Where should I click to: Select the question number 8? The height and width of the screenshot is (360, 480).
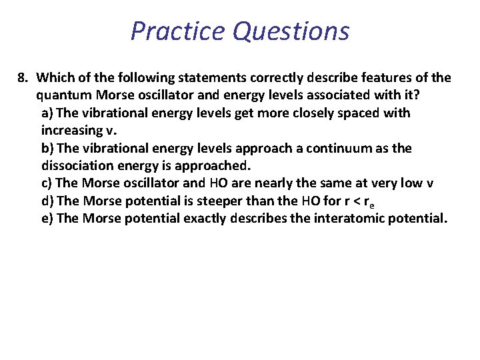[22, 78]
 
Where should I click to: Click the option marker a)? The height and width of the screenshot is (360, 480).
[48, 113]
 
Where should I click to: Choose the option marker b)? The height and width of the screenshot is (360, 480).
[48, 147]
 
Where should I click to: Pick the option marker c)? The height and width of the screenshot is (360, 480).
[47, 183]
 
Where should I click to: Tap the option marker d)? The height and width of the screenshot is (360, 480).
[48, 200]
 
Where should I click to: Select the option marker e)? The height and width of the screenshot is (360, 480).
[48, 217]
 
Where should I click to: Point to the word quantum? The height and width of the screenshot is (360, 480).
[62, 95]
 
